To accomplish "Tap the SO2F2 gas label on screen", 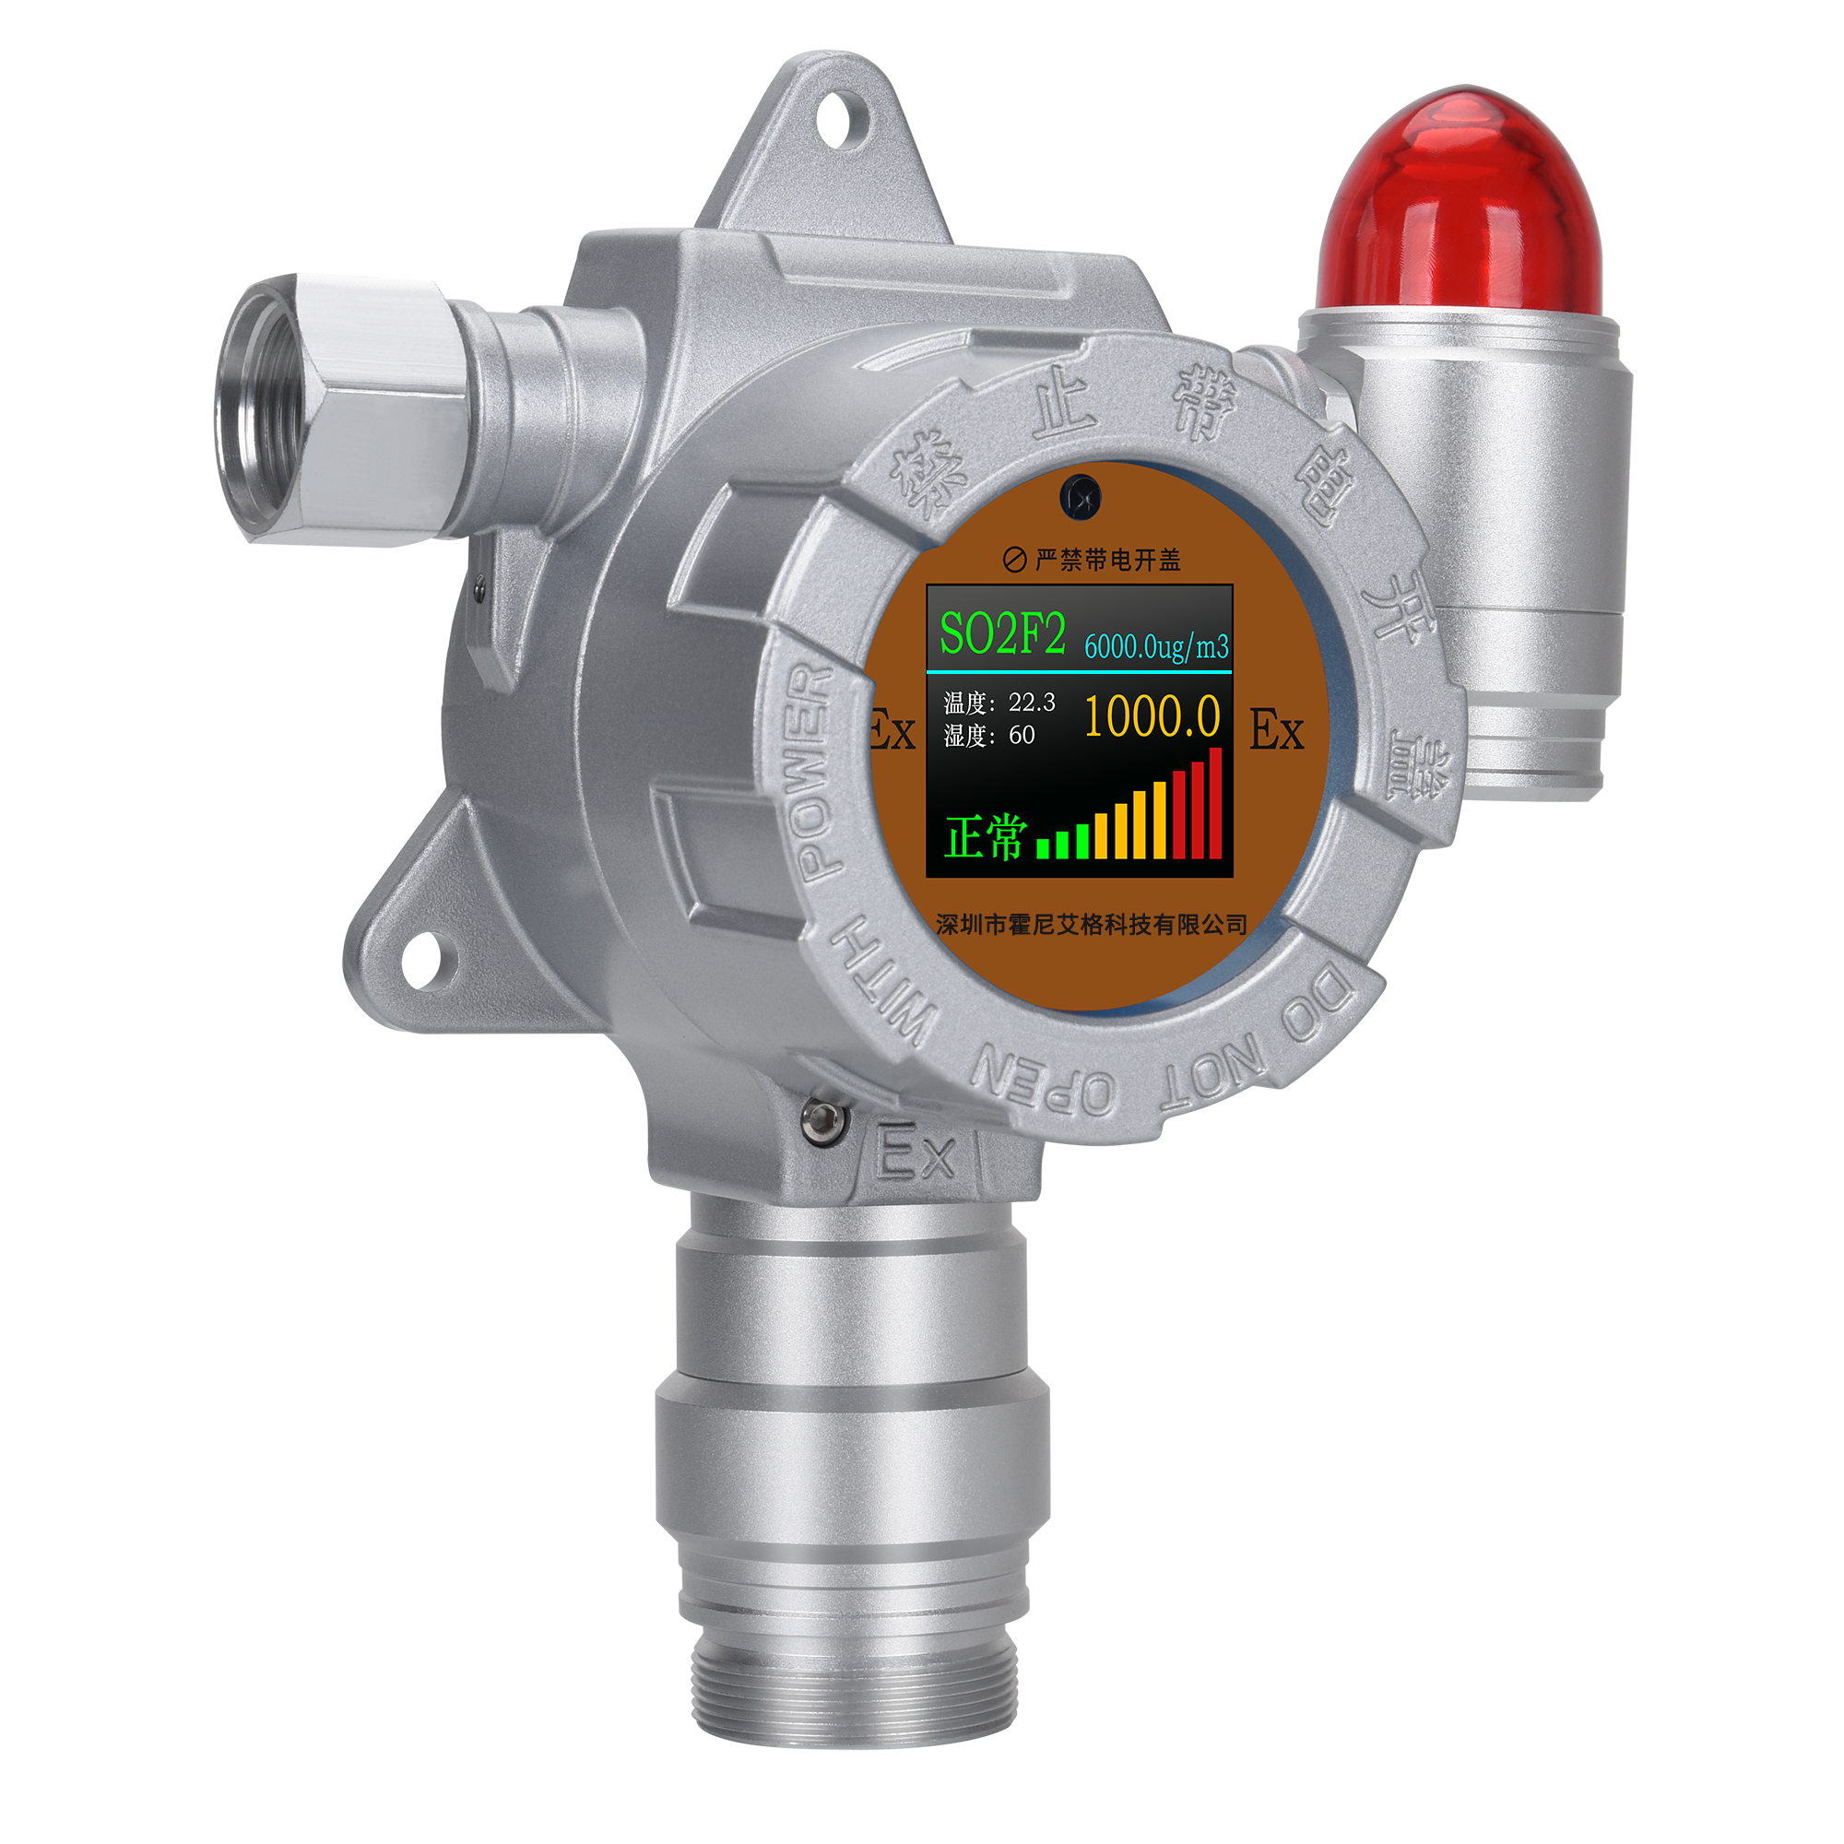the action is coord(1002,632).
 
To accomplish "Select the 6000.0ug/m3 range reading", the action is coord(1156,646).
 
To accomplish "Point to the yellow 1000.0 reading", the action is coord(1152,715).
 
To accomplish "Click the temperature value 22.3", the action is coord(1032,703).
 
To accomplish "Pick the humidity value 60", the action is coord(1022,735).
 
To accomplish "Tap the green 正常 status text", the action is coord(986,837).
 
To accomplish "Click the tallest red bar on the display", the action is coord(1215,804).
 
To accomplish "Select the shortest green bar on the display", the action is coord(1043,848).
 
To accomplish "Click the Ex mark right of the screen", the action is coord(1276,731).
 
